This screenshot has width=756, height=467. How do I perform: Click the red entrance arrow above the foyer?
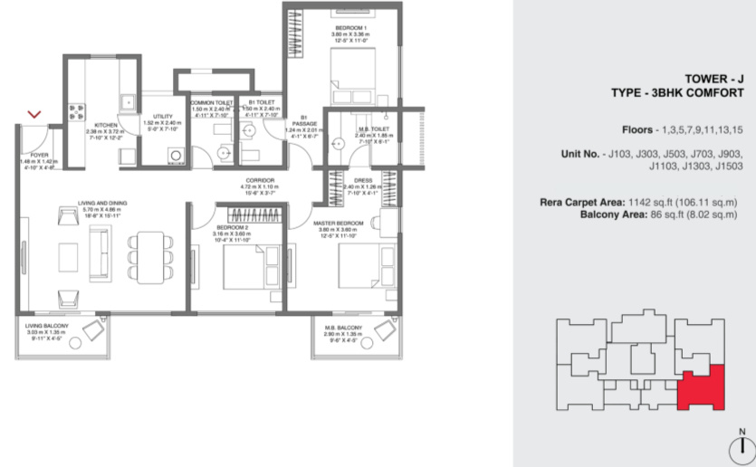pos(34,115)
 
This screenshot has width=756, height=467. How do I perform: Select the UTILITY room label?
pos(163,116)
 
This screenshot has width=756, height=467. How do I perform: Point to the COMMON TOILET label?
pos(211,102)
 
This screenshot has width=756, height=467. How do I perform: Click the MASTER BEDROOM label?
pos(338,223)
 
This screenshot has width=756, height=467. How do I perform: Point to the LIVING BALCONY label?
pos(45,326)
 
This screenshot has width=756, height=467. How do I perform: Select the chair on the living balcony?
pos(93,330)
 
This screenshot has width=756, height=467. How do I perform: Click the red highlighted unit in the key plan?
pos(704,387)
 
